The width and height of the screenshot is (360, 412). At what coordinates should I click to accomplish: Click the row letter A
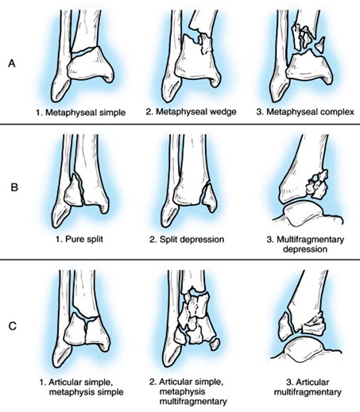click(x=12, y=64)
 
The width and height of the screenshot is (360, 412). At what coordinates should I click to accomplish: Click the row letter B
click(x=14, y=187)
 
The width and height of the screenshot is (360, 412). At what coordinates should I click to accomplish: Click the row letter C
click(x=13, y=326)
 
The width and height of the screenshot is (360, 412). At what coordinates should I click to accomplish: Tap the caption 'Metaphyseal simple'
click(x=85, y=113)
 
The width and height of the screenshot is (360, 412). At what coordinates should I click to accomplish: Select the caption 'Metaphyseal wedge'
click(x=196, y=112)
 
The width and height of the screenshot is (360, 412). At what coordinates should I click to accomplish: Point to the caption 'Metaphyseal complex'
click(x=310, y=112)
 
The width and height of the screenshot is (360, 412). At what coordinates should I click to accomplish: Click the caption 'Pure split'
click(x=84, y=239)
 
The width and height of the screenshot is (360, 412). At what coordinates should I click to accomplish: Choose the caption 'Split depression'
click(x=192, y=240)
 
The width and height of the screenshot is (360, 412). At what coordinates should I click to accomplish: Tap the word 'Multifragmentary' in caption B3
click(x=310, y=240)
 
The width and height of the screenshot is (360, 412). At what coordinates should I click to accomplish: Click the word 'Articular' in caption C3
click(x=312, y=382)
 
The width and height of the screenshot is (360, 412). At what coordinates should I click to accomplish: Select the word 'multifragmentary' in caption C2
click(x=193, y=402)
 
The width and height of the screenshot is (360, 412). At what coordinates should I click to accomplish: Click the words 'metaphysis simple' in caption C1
click(x=87, y=391)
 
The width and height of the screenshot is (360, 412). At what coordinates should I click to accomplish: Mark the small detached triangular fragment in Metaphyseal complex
click(x=320, y=44)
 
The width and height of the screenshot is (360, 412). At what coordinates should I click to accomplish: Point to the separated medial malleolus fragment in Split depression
click(x=210, y=198)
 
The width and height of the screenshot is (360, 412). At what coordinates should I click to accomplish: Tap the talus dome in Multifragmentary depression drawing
click(x=304, y=212)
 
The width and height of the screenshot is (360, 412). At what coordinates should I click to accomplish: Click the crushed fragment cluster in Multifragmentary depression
click(x=317, y=184)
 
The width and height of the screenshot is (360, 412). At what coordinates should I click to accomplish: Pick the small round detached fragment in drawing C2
click(x=215, y=344)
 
